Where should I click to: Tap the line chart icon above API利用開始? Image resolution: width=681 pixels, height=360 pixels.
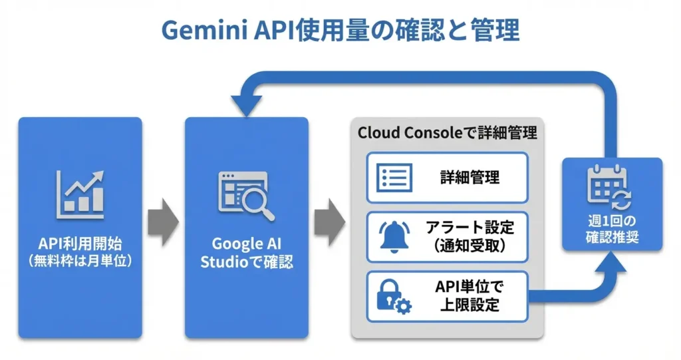[x=80, y=194]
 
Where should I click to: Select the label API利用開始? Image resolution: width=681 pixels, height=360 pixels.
[x=80, y=244]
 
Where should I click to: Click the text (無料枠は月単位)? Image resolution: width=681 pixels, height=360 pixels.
[x=80, y=261]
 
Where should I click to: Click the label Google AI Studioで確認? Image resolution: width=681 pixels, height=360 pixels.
[x=246, y=253]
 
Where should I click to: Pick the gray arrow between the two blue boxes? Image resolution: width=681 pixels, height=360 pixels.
[x=163, y=220]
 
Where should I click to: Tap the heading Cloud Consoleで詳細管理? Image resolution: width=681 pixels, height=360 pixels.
[x=447, y=132]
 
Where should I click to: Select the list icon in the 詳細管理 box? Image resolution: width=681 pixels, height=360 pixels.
[x=395, y=178]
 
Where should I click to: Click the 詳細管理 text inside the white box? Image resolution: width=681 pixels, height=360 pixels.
[x=470, y=178]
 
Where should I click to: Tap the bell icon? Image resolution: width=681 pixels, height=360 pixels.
[x=395, y=236]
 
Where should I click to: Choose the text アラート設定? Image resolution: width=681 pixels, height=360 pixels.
[x=470, y=228]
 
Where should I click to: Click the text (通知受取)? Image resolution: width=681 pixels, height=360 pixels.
[x=470, y=246]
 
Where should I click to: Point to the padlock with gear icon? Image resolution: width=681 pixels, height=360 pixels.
[x=394, y=295]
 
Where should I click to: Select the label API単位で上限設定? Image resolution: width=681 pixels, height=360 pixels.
[x=470, y=296]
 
